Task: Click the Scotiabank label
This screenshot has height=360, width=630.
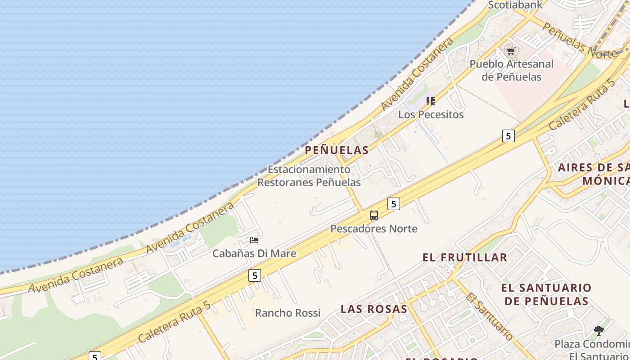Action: click(515, 5)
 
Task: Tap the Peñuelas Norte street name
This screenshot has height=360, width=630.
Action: click(579, 40)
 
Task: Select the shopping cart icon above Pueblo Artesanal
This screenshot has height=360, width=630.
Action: click(511, 51)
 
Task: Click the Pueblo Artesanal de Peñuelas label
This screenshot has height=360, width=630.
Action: click(511, 70)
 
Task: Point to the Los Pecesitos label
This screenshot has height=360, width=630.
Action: click(431, 114)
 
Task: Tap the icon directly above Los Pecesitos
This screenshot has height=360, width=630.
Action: click(431, 101)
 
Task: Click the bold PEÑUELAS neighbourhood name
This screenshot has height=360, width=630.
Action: click(337, 150)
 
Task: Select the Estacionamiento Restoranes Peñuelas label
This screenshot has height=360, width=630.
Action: click(309, 176)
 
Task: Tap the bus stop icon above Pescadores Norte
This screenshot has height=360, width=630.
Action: click(374, 216)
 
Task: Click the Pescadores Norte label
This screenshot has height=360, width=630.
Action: click(374, 229)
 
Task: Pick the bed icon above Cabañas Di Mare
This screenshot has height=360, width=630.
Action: click(254, 240)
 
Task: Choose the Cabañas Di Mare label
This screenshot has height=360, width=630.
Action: click(254, 253)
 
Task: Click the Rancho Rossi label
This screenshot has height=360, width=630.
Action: click(288, 313)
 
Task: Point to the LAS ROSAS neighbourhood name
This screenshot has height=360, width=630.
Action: click(374, 309)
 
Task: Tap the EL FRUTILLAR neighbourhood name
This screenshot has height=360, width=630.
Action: click(465, 257)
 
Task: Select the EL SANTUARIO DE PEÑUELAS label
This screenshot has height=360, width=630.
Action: click(546, 294)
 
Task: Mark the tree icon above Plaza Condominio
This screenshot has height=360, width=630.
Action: click(598, 331)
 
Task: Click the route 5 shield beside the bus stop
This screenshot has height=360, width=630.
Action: click(394, 204)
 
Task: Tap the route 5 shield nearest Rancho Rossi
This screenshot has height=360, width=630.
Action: click(255, 275)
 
